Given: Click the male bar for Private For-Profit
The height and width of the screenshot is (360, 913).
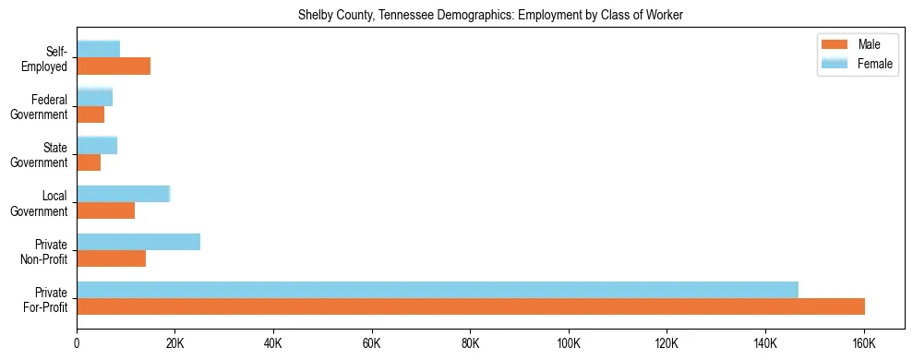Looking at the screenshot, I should click(x=471, y=306).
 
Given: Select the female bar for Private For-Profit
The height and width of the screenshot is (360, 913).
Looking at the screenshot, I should click(x=438, y=290).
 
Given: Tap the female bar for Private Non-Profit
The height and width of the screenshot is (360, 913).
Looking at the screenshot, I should click(x=138, y=242).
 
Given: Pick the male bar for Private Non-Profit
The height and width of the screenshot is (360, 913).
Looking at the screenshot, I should click(x=111, y=258).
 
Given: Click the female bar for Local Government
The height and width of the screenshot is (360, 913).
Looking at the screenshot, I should click(x=124, y=194).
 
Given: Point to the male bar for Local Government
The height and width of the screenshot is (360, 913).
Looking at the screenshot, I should click(x=105, y=210).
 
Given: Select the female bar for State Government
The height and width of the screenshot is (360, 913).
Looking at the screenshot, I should click(x=97, y=145).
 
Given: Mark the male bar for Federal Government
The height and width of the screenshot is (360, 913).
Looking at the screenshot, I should click(x=90, y=114).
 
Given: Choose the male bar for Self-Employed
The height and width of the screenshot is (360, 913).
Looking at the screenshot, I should click(x=114, y=66).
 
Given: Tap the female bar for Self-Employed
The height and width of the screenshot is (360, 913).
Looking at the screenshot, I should click(x=98, y=49).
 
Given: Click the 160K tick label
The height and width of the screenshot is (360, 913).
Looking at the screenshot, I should click(x=863, y=344).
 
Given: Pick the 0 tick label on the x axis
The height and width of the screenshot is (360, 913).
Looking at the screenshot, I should click(x=77, y=344).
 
